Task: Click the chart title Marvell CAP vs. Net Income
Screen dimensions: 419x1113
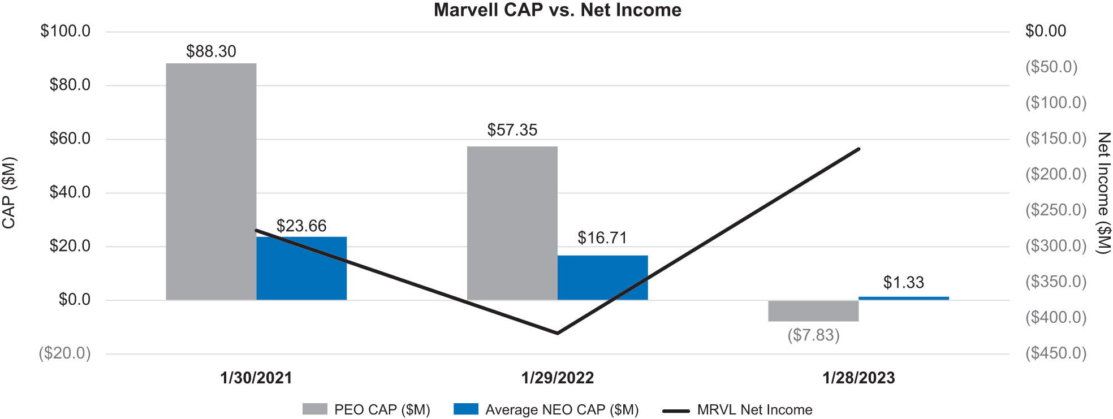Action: click(x=557, y=10)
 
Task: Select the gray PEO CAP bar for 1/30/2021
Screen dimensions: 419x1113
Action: click(x=211, y=181)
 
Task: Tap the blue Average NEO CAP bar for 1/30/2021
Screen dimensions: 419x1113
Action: click(x=301, y=268)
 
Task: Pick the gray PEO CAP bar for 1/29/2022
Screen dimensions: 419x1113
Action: click(x=512, y=223)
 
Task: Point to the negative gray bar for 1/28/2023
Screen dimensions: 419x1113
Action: click(x=813, y=311)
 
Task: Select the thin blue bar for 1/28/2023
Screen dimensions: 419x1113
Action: click(x=903, y=298)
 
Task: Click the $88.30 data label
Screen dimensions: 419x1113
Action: click(x=211, y=51)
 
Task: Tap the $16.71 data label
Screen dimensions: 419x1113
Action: click(x=602, y=237)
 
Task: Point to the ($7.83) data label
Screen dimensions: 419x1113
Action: click(x=813, y=335)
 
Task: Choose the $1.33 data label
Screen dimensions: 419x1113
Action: click(x=903, y=282)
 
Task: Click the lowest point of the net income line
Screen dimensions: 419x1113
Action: click(x=557, y=333)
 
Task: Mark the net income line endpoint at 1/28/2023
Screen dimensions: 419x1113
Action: click(x=859, y=149)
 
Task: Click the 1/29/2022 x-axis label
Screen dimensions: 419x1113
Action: click(x=557, y=378)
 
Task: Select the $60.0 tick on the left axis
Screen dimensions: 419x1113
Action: click(x=70, y=139)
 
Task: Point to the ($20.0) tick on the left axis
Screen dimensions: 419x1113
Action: click(x=64, y=353)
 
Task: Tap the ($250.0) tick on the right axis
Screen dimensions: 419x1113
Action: click(x=1056, y=210)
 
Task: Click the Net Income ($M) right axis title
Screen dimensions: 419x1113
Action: click(x=1103, y=193)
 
